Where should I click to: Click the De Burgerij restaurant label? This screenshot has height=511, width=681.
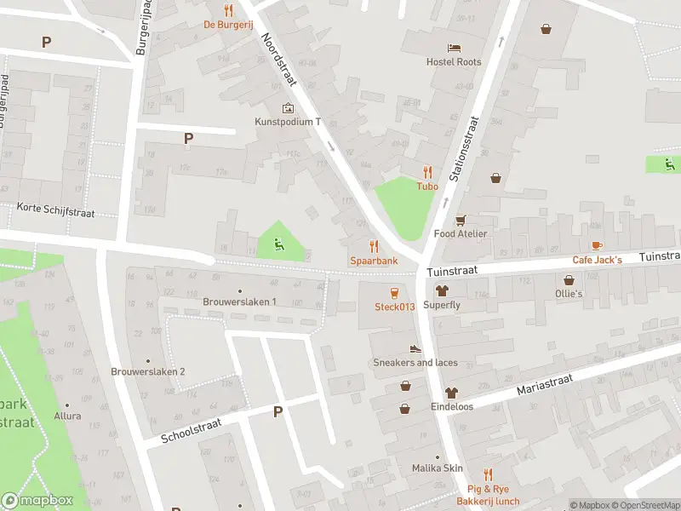(228, 25)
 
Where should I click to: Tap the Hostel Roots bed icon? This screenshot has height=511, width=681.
(454, 47)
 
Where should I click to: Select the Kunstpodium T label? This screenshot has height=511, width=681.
(288, 122)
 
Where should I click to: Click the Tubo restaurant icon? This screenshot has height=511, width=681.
(426, 171)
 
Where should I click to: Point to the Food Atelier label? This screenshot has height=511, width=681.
(461, 233)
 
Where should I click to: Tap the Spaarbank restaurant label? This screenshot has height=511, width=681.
(373, 260)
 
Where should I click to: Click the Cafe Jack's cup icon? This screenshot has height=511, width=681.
(597, 245)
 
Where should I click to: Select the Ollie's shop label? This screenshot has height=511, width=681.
(569, 293)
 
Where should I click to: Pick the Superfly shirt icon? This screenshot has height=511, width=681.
(441, 290)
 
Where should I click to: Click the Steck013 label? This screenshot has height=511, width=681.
(394, 307)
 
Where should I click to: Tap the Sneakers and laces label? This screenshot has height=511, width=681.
(415, 362)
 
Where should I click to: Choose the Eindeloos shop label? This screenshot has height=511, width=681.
(451, 407)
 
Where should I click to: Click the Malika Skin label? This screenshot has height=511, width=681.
(437, 468)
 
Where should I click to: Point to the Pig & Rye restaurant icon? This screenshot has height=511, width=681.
(487, 474)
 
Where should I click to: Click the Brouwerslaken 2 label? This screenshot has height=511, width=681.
(148, 371)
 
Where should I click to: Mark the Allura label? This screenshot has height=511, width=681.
(67, 416)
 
